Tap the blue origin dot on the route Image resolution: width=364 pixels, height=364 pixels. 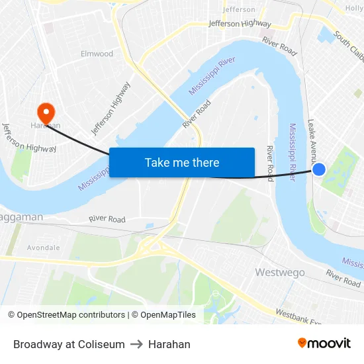click(x=319, y=169)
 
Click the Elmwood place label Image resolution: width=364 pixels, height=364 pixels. click(x=97, y=54)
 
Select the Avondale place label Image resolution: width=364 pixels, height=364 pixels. click(x=43, y=248)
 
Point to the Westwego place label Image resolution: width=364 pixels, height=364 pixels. click(x=280, y=273)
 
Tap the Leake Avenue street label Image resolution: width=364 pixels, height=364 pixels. click(x=311, y=141)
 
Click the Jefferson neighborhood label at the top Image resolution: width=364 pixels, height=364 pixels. click(x=239, y=9)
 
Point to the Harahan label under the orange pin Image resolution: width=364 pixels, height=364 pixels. click(x=44, y=125)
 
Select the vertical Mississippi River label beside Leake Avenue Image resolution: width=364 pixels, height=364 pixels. click(x=293, y=153)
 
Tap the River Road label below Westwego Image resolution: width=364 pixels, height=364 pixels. click(x=343, y=278)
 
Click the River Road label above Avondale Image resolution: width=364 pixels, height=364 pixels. click(x=107, y=219)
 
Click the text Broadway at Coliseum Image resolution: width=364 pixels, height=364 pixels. click(x=69, y=344)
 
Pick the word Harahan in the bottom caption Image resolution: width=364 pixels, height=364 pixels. click(x=169, y=344)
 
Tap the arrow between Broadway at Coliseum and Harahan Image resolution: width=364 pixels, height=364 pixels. click(x=136, y=344)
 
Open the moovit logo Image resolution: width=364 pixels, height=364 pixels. click(x=324, y=343)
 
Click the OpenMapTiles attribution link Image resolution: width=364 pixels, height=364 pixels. click(x=164, y=315)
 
